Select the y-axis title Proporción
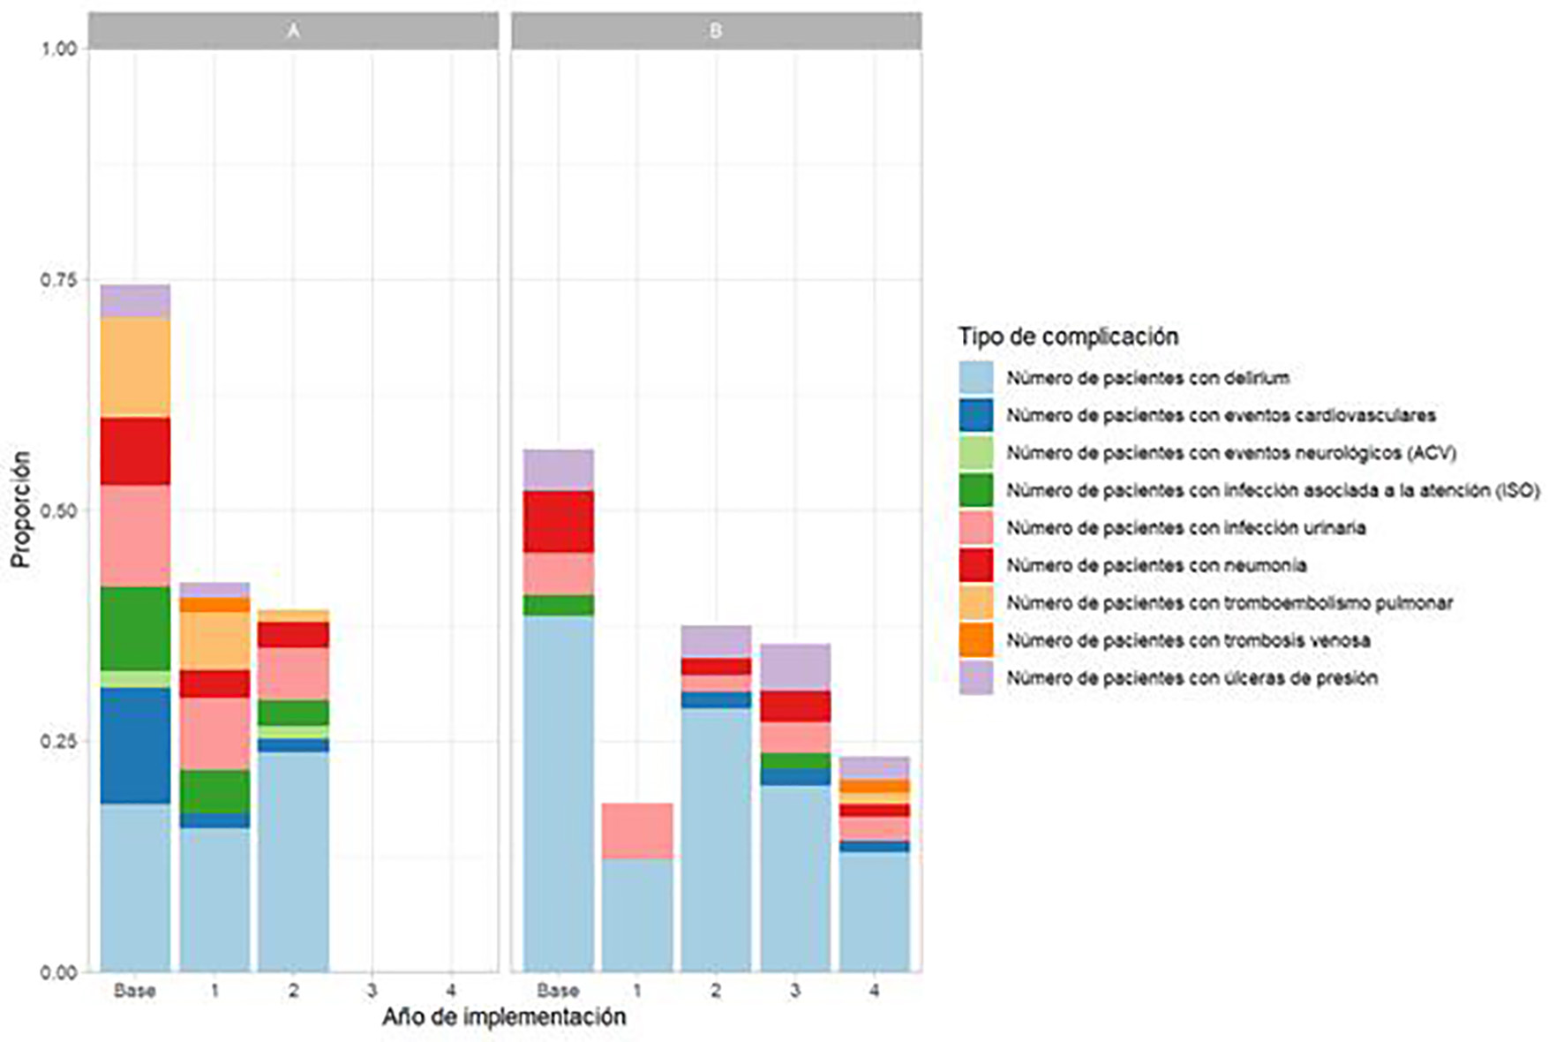pos(21,510)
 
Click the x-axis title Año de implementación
pos(503,1017)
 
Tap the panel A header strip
pos(293,31)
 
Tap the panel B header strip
pos(716,31)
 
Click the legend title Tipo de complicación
pos(1068,336)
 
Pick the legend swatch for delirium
pos(976,378)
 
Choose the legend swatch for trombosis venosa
pos(976,640)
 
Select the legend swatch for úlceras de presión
pos(976,678)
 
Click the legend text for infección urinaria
pos(1185,528)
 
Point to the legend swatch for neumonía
pos(976,565)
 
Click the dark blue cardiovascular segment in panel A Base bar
pos(135,745)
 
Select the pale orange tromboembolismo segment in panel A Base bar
pos(135,367)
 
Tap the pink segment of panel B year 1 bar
pos(637,830)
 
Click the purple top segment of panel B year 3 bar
pos(795,668)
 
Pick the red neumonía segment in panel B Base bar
pos(558,522)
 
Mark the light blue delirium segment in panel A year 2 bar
pos(293,861)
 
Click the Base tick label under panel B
pos(558,991)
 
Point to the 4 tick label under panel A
pos(451,991)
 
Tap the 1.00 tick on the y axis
pos(58,49)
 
